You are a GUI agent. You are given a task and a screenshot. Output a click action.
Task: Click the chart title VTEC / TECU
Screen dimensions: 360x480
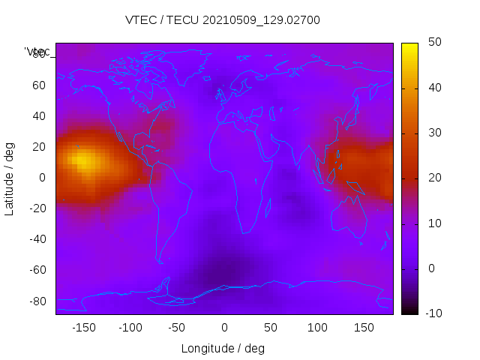223,20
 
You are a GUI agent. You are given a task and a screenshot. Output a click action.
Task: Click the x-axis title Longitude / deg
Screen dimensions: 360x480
223,348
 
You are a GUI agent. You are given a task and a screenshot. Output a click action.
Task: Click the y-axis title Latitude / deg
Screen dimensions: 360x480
10,178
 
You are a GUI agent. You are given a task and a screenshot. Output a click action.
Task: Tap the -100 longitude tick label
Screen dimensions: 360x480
130,327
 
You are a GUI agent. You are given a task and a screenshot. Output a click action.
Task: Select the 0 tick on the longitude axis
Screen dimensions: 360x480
223,327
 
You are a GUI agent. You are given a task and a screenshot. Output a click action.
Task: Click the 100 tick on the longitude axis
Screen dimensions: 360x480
317,327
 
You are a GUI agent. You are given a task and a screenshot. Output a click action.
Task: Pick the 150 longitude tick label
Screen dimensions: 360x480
364,327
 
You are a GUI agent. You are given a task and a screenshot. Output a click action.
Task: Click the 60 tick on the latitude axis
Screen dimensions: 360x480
39,85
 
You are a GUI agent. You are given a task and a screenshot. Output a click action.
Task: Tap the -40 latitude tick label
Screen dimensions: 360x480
37,239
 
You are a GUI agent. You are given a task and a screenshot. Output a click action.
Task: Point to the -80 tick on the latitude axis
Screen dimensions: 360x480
37,301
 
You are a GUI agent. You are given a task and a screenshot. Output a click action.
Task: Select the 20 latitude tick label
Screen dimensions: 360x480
39,147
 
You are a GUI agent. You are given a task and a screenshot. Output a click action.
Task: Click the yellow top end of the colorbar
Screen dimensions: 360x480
409,46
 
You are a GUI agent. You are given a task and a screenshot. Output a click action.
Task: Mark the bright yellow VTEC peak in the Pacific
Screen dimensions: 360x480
83,160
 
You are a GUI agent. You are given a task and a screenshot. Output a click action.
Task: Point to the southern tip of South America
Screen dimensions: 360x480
160,262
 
